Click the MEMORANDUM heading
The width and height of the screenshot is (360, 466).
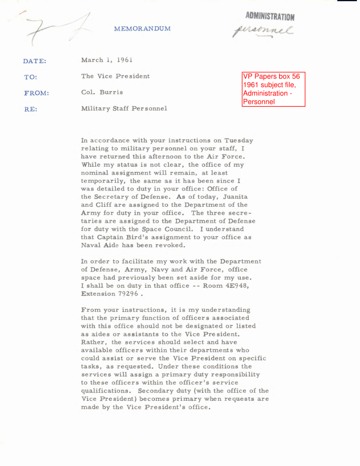point(142,28)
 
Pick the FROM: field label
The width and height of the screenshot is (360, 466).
point(36,93)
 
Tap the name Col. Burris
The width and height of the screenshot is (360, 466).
point(103,92)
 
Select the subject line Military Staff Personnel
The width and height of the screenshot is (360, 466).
point(124,108)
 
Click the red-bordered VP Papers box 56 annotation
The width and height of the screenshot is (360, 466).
point(273,89)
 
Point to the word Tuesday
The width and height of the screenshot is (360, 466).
point(238,140)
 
